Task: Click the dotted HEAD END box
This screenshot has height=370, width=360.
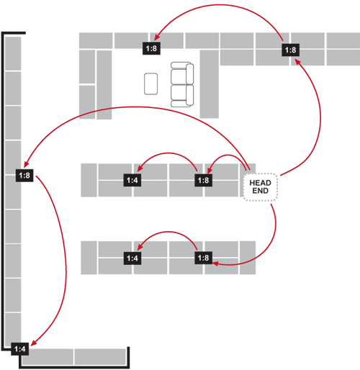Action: (x=261, y=186)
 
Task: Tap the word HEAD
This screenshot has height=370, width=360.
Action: (x=261, y=183)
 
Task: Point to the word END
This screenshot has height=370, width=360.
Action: (x=261, y=191)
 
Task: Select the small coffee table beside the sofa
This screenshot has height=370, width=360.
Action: (x=151, y=84)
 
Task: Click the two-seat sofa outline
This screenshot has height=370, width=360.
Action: (x=182, y=84)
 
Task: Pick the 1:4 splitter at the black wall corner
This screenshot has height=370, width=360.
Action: (x=20, y=348)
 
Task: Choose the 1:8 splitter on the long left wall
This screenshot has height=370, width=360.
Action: (x=24, y=176)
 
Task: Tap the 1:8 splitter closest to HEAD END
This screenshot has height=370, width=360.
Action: (x=203, y=180)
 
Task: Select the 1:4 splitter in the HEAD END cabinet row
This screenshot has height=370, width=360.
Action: (x=132, y=180)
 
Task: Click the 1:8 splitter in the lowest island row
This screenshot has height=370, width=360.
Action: (x=203, y=258)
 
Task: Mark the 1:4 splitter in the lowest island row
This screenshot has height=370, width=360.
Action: (x=132, y=258)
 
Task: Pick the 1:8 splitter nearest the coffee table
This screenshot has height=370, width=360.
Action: (x=151, y=48)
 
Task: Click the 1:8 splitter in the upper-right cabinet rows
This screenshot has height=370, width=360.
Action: (x=290, y=50)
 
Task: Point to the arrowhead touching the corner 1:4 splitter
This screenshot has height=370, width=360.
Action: (x=34, y=343)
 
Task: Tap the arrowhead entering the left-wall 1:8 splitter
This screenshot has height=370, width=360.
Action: (x=26, y=164)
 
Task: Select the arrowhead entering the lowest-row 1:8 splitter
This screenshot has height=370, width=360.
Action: (x=215, y=263)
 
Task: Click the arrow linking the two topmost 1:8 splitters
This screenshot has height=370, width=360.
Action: (x=220, y=5)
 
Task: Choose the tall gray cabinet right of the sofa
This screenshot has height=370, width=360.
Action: (x=210, y=84)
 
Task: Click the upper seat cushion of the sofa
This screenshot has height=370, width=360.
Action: (x=179, y=76)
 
